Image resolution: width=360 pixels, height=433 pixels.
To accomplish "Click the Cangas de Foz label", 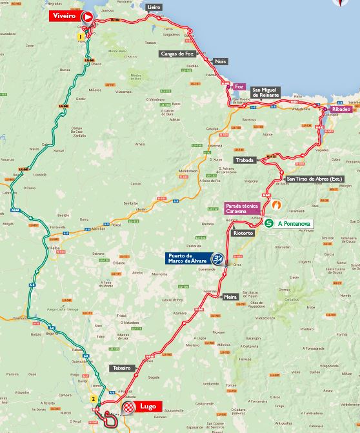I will pyautogui.click(x=177, y=54).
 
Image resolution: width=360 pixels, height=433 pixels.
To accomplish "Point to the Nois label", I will pyautogui.click(x=221, y=61).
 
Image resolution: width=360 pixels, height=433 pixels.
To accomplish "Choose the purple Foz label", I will pyautogui.click(x=239, y=86).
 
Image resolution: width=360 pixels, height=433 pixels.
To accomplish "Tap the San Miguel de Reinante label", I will pyautogui.click(x=266, y=92).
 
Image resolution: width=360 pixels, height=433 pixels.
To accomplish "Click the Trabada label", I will pyautogui.click(x=245, y=159).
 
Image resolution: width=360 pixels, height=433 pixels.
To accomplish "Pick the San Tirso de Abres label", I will pyautogui.click(x=314, y=179).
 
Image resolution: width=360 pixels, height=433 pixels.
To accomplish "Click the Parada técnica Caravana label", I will pyautogui.click(x=242, y=208).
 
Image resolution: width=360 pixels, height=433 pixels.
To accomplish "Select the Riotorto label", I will pyautogui.click(x=243, y=233).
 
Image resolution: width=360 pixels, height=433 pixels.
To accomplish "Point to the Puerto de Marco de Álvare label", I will pyautogui.click(x=190, y=259).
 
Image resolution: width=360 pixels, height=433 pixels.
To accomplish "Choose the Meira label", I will pyautogui.click(x=230, y=297).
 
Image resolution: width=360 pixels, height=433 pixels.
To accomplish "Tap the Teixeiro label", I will pyautogui.click(x=121, y=368).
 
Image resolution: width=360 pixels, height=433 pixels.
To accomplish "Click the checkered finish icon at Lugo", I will pyautogui.click(x=128, y=407).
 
